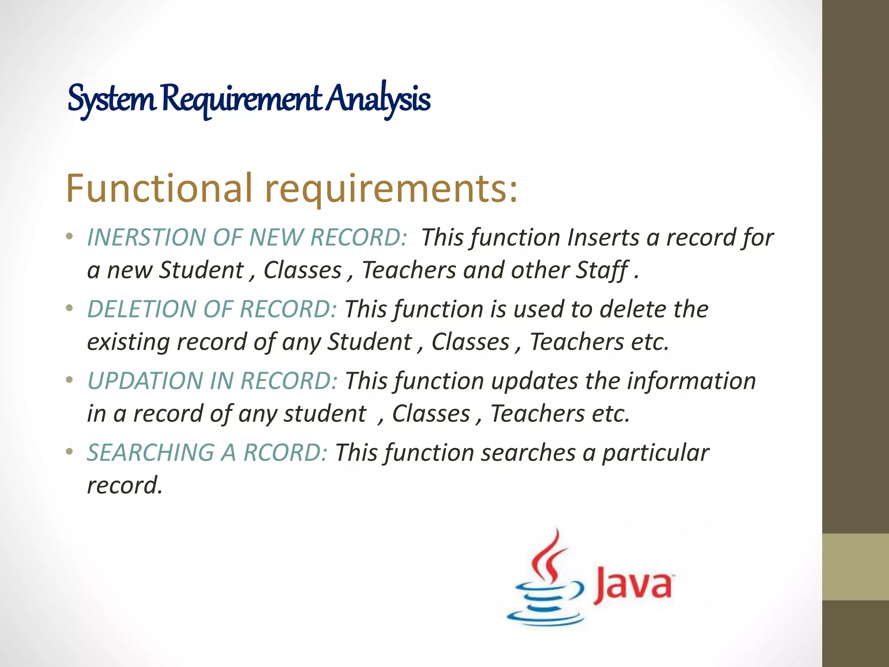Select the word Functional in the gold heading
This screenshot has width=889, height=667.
(159, 188)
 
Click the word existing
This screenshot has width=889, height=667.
(128, 342)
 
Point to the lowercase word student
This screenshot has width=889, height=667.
(325, 413)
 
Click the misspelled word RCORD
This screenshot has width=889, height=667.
(285, 452)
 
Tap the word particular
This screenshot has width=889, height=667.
(655, 452)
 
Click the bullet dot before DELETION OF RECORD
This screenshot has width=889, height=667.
(69, 309)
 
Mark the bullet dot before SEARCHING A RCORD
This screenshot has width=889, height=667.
(69, 452)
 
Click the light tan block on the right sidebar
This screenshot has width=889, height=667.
(856, 567)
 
